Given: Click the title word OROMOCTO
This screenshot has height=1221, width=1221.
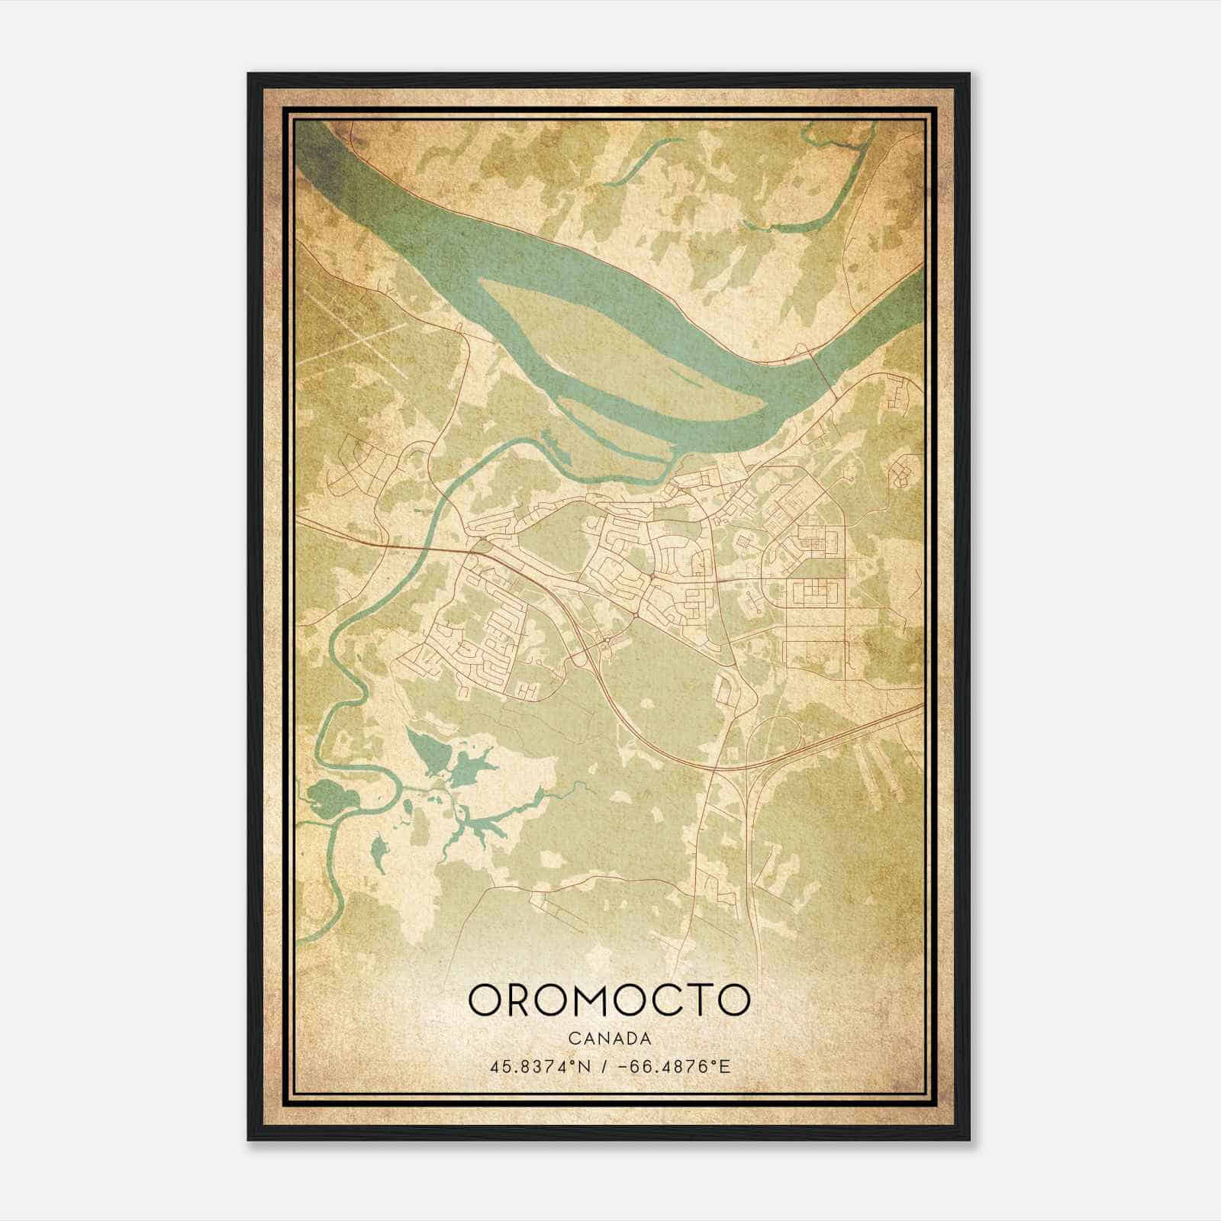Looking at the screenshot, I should point(609,999).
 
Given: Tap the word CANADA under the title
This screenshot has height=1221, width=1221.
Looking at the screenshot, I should point(609,1039).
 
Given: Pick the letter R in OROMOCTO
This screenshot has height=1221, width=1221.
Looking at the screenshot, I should point(521,999).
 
